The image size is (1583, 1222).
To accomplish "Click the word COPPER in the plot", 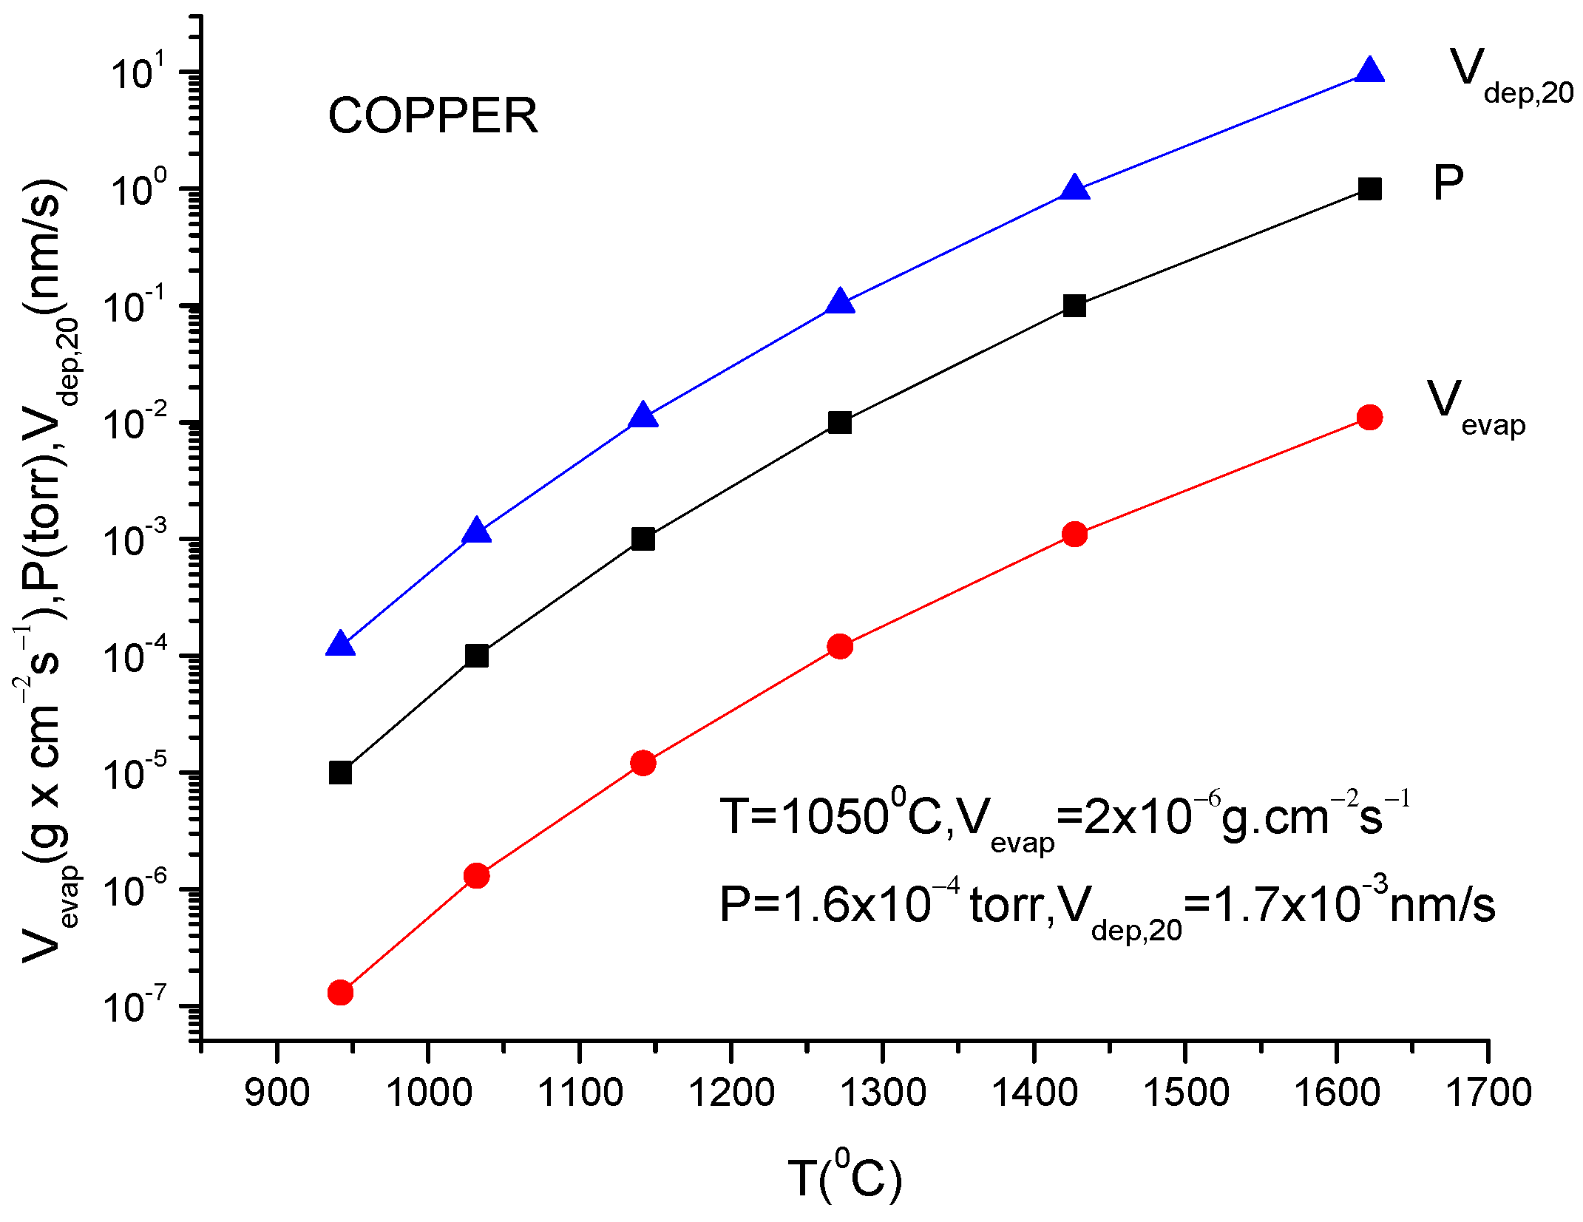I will point(433,116).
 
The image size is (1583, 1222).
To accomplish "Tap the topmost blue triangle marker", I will point(1369,71).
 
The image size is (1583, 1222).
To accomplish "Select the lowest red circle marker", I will point(340,992).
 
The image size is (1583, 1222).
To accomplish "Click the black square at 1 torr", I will point(1369,189).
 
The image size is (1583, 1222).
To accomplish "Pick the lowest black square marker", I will point(340,773).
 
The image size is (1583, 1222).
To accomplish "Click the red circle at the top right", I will point(1369,418).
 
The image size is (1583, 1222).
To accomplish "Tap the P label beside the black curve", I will point(1448,183).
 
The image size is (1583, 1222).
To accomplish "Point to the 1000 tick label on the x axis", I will point(429,1093).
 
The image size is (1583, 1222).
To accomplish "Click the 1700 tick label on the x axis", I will point(1488,1093).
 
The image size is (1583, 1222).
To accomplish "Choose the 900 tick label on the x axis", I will point(277,1093).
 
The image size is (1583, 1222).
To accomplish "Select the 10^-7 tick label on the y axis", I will point(137,1007).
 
